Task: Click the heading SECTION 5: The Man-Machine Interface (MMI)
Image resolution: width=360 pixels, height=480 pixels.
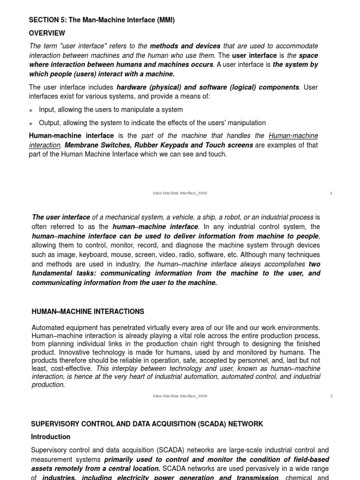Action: coord(102,20)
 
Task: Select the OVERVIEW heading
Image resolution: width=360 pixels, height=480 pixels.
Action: coord(47,33)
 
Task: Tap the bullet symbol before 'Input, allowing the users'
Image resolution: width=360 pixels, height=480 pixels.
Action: coord(31,110)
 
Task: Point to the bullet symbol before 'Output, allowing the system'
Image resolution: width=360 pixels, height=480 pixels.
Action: coord(31,123)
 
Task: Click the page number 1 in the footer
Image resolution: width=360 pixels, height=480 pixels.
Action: coord(331,193)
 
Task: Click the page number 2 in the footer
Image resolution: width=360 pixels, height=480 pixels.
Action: coord(331,396)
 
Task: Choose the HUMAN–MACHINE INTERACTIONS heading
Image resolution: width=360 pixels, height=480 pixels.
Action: coord(88,312)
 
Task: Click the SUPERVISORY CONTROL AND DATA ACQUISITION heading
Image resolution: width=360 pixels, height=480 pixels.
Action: coord(147,424)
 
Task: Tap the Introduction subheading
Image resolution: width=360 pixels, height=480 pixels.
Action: coord(51,437)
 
